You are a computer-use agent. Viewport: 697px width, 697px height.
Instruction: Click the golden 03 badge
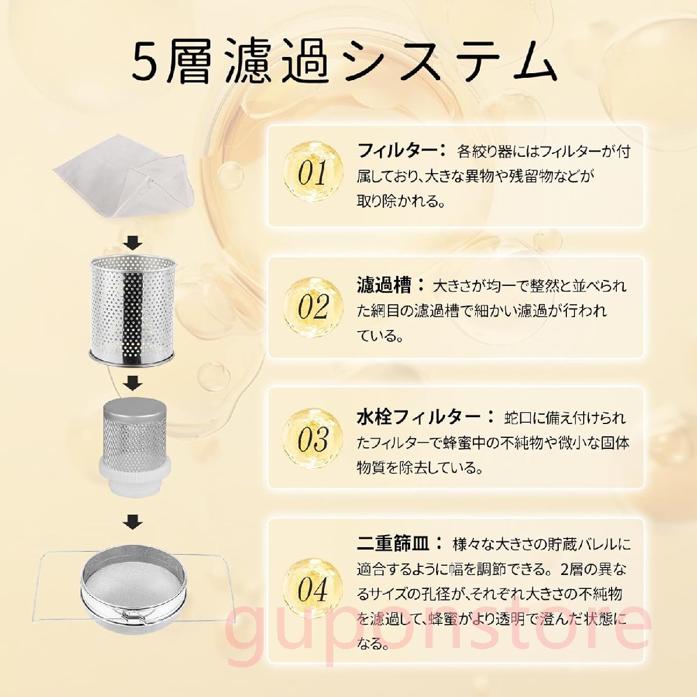coord(312,439)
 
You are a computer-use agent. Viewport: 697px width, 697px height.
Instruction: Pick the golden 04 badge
coord(312,589)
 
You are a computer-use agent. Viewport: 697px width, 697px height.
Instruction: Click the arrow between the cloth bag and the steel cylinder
coord(133,243)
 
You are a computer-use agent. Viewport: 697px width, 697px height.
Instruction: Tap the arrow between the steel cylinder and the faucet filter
coord(133,383)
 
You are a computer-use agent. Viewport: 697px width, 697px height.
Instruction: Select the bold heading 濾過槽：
coord(391,285)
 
